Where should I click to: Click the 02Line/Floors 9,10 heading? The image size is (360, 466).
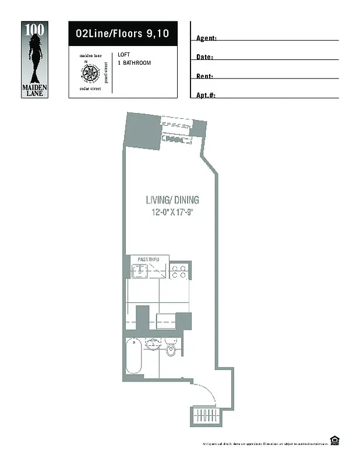tap(122, 34)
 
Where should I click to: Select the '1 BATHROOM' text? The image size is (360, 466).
tap(134, 62)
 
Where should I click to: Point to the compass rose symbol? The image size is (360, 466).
tap(90, 72)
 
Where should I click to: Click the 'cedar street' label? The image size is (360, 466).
tap(90, 89)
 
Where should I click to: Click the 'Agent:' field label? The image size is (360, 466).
tap(206, 38)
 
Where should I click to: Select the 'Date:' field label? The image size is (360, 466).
tap(204, 57)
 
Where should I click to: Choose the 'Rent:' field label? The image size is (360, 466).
tap(204, 76)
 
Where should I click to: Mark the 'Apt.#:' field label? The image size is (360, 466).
tap(206, 95)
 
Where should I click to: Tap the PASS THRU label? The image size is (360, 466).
tap(149, 259)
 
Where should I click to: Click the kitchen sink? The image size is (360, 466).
tap(140, 271)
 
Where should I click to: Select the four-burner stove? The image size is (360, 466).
tap(178, 271)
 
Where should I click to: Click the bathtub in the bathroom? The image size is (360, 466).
tap(133, 355)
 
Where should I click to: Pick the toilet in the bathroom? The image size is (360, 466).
tap(171, 349)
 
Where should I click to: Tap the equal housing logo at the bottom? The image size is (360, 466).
tap(334, 440)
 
